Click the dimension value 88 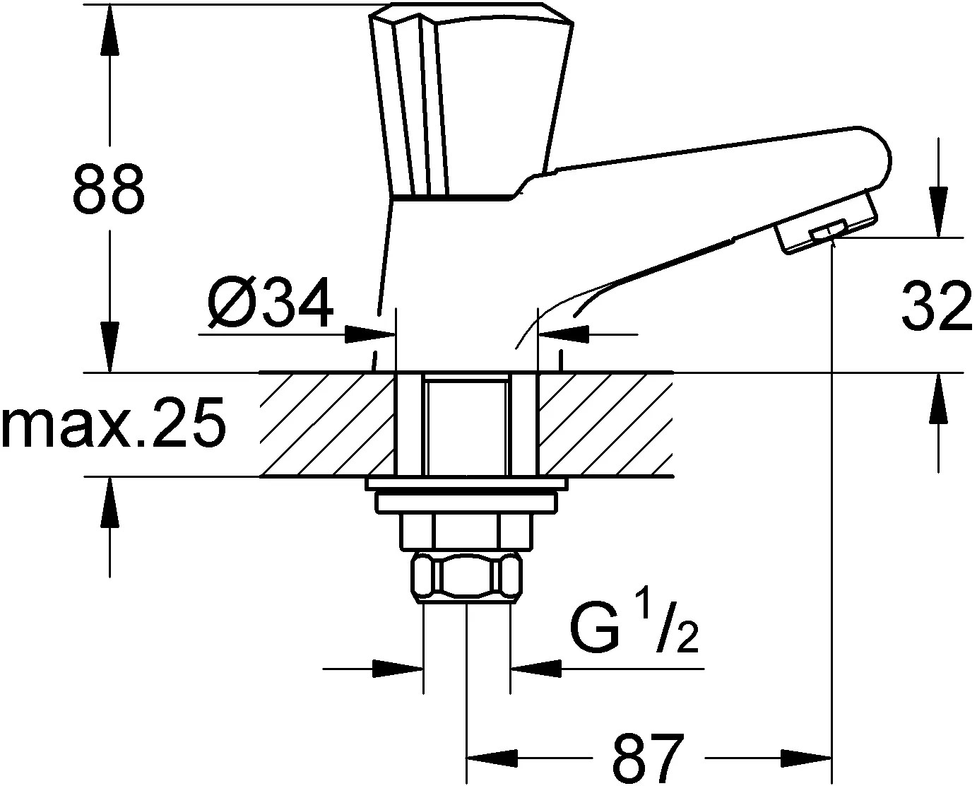coord(109,189)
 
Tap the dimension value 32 coord(937,306)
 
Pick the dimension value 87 coord(649,757)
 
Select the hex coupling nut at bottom coord(466,576)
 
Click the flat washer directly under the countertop coord(466,484)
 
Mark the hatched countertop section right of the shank coord(604,424)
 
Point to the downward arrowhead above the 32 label coord(938,210)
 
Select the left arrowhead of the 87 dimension coord(495,757)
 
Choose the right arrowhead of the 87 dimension coord(805,757)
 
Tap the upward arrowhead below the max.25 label coord(109,504)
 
